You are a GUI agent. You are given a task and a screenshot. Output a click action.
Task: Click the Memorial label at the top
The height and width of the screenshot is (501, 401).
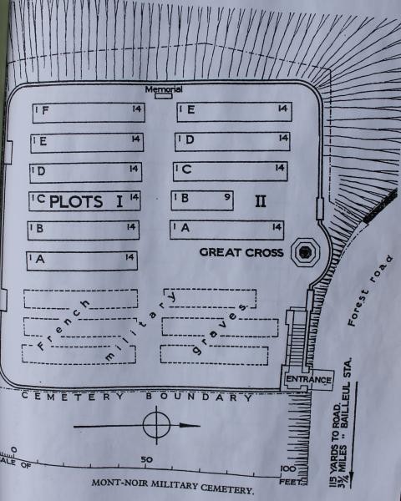[x=164, y=89]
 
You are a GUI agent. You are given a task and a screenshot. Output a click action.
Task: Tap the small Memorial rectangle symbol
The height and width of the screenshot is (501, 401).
[x=164, y=95]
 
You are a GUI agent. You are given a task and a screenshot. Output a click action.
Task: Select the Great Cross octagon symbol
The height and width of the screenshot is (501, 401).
[x=306, y=252]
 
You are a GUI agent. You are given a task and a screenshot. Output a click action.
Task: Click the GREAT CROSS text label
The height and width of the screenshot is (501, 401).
[x=241, y=252]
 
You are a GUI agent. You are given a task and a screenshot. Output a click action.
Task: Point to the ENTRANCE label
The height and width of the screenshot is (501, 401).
[x=308, y=380]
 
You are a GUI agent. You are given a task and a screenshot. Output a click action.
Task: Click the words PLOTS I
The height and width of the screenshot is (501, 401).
[x=86, y=201]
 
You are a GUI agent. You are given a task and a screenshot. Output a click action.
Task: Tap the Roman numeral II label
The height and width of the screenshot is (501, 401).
[x=261, y=201]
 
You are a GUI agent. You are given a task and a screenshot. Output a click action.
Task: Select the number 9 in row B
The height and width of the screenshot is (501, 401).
[x=227, y=197]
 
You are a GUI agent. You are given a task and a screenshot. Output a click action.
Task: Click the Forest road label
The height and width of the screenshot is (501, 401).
[x=370, y=290]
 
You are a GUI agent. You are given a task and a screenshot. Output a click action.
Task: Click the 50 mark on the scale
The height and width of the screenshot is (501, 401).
[x=147, y=459]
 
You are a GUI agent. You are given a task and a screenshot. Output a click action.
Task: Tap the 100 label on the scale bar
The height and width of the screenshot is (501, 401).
[x=288, y=468]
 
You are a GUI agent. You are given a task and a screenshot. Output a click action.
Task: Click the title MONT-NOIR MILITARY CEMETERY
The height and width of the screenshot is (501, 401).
[x=173, y=486]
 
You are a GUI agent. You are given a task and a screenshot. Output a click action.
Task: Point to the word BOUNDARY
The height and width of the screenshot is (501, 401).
[x=199, y=397]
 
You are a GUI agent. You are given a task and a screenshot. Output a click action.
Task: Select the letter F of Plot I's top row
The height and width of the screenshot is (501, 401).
[x=45, y=110]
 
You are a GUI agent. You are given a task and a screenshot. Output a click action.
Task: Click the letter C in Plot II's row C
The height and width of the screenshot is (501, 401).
[x=187, y=169]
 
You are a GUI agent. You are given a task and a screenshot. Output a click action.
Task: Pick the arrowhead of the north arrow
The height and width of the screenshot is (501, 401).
[x=190, y=425]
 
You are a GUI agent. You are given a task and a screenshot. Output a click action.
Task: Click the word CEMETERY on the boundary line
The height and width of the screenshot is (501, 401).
[x=73, y=397]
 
